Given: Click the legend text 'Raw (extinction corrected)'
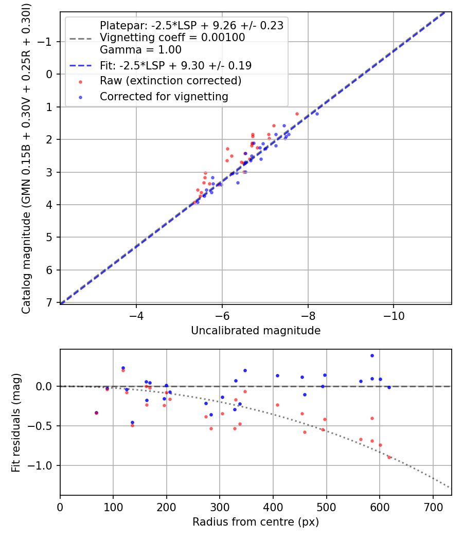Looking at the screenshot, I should tap(170, 81).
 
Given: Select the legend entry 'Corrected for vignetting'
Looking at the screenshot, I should tap(164, 96).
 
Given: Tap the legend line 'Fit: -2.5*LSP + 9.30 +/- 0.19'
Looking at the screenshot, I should tap(175, 65).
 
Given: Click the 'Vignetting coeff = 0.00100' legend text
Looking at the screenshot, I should tap(172, 38).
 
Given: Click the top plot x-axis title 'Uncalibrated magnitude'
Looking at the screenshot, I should tap(256, 331).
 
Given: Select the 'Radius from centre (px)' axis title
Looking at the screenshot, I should tap(256, 522).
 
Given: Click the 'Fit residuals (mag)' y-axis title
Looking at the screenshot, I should tap(16, 422).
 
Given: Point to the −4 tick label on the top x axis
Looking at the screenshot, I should tap(136, 314).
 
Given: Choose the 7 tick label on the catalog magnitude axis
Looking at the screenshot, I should tap(50, 302).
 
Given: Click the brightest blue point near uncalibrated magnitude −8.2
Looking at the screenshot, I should tap(317, 114).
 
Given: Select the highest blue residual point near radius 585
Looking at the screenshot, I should tap(372, 355).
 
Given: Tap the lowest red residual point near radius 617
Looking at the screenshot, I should tap(389, 457).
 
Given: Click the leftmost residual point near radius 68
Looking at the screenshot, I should tap(96, 413).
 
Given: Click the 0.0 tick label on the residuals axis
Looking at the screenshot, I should tap(46, 386).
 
